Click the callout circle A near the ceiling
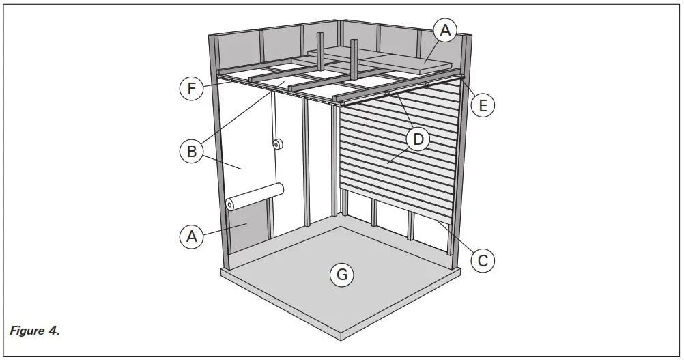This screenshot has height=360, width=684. [445, 29]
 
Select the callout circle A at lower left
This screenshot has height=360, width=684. [192, 236]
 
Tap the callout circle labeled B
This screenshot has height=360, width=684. [192, 150]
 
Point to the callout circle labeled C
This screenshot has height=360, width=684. [482, 260]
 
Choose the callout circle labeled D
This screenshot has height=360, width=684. [418, 140]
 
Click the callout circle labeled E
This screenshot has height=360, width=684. [483, 105]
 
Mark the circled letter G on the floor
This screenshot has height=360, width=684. [341, 275]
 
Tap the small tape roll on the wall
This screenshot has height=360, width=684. [277, 144]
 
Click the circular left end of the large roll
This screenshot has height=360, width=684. [230, 204]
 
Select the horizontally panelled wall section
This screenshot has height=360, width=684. [396, 157]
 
